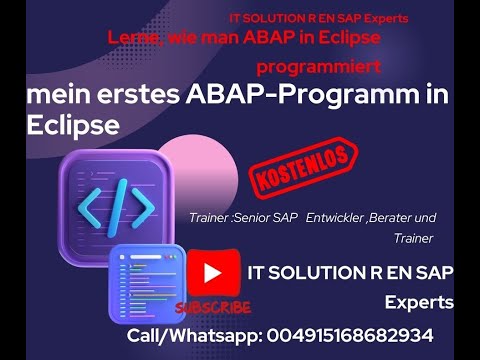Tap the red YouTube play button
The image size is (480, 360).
(212, 272)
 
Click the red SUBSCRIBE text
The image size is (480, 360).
(211, 308)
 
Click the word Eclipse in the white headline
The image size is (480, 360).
(74, 127)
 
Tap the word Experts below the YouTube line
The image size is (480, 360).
(419, 302)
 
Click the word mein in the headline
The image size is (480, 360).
(55, 95)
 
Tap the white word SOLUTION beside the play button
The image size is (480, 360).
(312, 272)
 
